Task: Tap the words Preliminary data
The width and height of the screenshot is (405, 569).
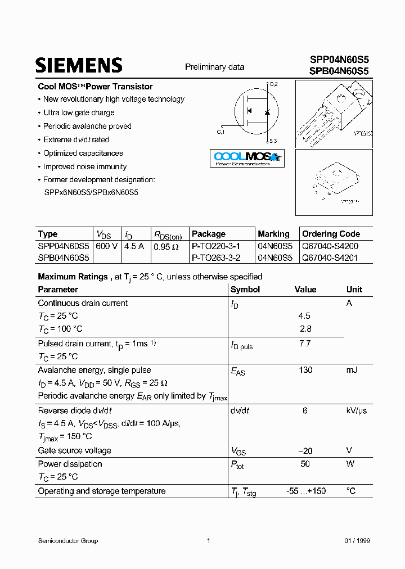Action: [x=215, y=67]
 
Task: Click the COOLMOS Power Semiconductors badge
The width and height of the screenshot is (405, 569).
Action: [x=247, y=158]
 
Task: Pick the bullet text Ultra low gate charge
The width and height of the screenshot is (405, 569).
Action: [x=79, y=112]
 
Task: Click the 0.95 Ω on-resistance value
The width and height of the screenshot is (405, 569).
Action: [x=166, y=246]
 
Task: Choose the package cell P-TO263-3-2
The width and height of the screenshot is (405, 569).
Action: [x=216, y=258]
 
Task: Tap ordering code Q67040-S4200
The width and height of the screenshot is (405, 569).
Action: [x=330, y=246]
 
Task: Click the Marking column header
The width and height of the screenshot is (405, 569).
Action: [x=273, y=234]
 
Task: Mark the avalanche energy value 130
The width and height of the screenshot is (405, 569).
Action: [x=305, y=370]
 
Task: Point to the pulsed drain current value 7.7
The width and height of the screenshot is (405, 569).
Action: [x=305, y=344]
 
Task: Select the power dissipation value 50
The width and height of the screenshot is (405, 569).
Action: [x=305, y=464]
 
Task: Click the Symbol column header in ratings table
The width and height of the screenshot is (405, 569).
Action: [x=245, y=290]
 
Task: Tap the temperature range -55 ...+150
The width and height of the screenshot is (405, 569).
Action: [x=306, y=491]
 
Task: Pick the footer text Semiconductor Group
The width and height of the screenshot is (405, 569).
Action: [x=67, y=541]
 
